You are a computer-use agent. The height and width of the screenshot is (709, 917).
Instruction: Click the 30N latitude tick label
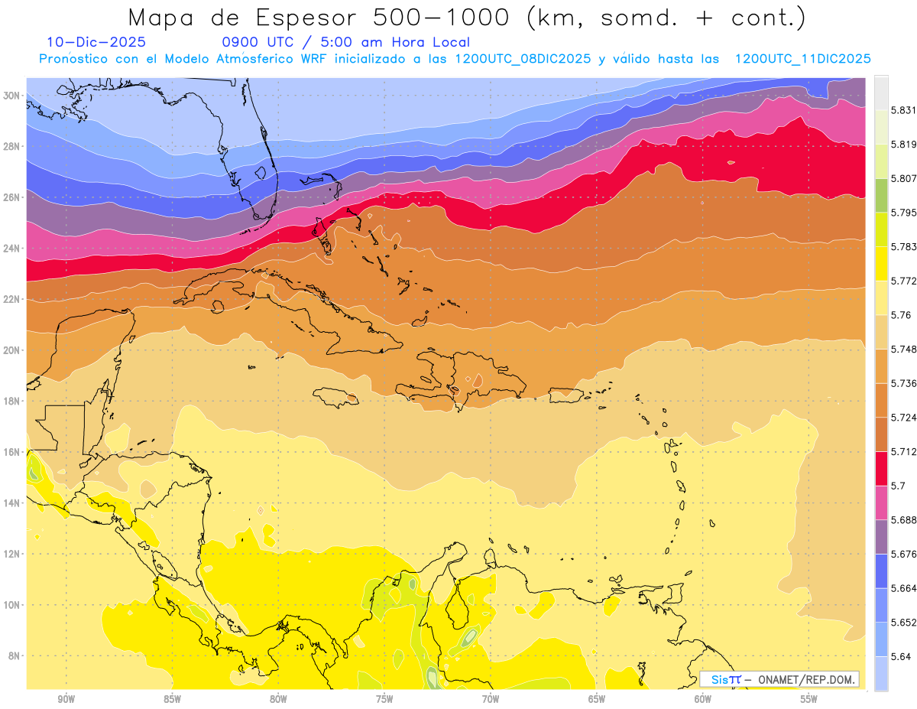tap(12, 96)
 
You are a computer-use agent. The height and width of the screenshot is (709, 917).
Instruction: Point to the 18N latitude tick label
tap(12, 401)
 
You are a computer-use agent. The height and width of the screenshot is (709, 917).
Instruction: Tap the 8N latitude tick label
tap(14, 655)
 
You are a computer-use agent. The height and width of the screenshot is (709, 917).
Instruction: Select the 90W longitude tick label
tap(66, 698)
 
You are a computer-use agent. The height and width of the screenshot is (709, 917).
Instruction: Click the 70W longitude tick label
tap(491, 698)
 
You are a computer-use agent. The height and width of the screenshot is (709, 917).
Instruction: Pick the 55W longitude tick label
tap(809, 698)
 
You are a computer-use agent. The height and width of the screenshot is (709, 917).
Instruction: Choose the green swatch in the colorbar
tap(881, 195)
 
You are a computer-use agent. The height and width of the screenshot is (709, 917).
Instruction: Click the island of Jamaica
tap(337, 396)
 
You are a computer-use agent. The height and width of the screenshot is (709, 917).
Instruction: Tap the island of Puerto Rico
tap(566, 393)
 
